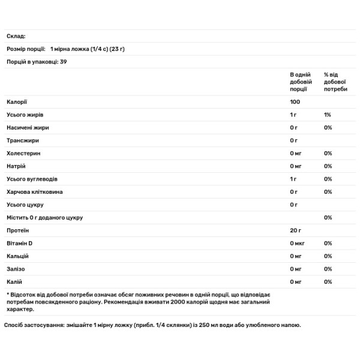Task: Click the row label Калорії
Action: click(17, 101)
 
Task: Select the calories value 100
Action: click(295, 101)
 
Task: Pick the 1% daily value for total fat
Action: click(327, 115)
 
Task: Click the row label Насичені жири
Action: click(28, 128)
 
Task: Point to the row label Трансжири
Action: click(23, 140)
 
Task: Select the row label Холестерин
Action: click(23, 153)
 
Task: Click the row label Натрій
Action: click(16, 166)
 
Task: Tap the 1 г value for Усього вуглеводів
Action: click(293, 179)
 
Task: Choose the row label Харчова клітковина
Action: click(34, 192)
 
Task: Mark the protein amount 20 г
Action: click(295, 230)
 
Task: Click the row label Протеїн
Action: click(18, 230)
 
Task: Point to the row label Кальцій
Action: click(18, 256)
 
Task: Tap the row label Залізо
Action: click(16, 269)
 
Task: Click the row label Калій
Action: click(15, 281)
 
